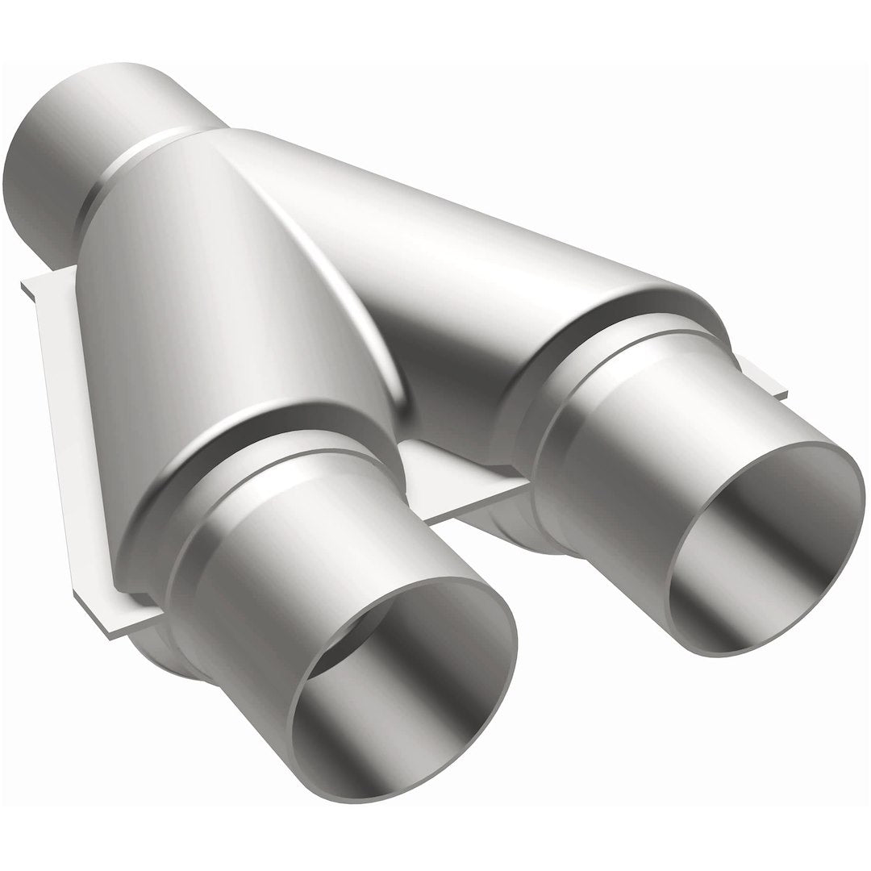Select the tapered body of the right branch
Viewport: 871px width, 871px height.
(484, 266)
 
